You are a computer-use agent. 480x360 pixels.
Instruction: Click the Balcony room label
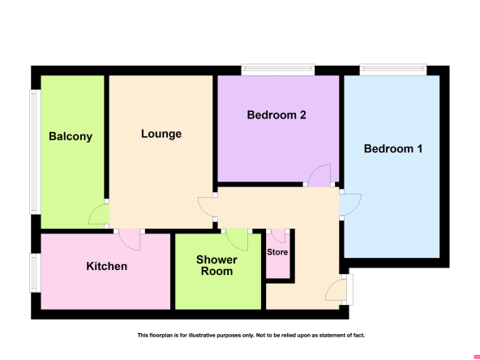[x=71, y=136]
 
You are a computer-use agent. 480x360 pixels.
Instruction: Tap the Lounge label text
[x=161, y=134]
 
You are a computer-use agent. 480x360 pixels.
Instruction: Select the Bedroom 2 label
[x=276, y=115]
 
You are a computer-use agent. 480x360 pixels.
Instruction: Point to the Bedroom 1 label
[x=393, y=148]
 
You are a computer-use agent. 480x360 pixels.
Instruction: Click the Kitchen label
[x=106, y=266]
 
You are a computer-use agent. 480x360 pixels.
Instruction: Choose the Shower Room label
[x=216, y=265]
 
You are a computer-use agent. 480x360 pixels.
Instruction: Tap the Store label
[x=277, y=252]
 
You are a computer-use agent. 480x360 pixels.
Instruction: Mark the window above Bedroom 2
[x=278, y=69]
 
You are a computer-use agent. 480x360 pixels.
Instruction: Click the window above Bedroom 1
[x=393, y=69]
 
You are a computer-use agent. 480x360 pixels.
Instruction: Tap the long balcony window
[x=35, y=152]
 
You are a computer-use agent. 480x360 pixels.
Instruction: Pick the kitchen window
[x=35, y=272]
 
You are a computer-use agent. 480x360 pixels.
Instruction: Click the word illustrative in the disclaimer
[x=203, y=336]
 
